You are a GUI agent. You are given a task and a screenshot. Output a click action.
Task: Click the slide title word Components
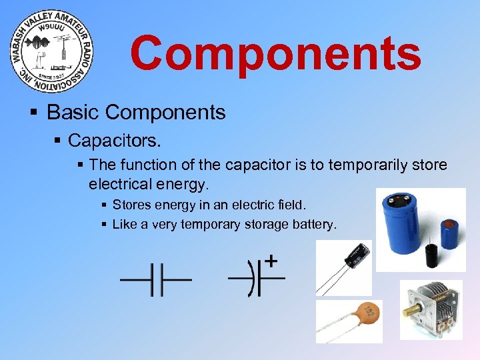click(x=275, y=53)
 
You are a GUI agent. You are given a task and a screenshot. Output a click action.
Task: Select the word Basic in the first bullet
click(x=73, y=112)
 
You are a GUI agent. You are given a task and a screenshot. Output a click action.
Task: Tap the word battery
click(x=314, y=224)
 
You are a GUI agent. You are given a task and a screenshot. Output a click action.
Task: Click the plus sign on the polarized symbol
click(x=272, y=260)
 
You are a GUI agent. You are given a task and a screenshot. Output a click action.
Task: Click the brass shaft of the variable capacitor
click(x=409, y=311)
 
